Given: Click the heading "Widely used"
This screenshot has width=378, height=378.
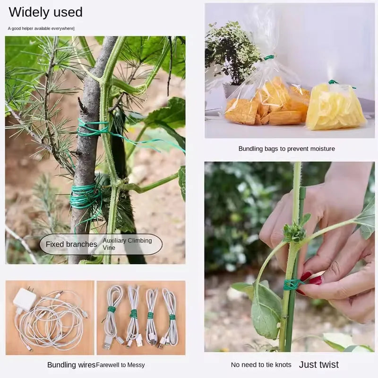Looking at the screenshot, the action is [x=45, y=12].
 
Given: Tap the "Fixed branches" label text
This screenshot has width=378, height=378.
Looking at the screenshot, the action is [x=71, y=244].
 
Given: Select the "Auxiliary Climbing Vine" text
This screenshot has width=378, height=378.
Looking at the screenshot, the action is [x=127, y=244].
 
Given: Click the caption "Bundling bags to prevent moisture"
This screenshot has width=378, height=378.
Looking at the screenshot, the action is [x=287, y=149].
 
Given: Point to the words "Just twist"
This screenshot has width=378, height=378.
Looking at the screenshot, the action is [x=318, y=364].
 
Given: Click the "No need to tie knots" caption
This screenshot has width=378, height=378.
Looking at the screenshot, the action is [x=261, y=365].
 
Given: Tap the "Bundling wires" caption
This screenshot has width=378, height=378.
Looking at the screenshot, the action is [x=71, y=365].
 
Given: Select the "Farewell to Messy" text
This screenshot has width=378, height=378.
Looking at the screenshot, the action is [x=120, y=365].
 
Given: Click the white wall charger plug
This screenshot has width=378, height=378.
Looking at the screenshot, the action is [x=25, y=299].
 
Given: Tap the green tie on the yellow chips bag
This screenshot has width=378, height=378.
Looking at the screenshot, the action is [x=334, y=82].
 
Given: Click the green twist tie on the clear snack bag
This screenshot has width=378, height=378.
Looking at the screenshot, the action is [x=269, y=57].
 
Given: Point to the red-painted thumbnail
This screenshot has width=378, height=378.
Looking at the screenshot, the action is [x=315, y=281].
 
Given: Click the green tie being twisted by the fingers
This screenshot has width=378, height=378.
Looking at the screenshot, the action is [x=292, y=284].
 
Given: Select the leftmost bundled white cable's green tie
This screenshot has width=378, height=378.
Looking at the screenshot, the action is [x=112, y=309].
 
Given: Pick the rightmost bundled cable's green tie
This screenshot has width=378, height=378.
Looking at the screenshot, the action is [x=172, y=317].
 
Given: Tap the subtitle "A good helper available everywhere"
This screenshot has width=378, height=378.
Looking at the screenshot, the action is [x=41, y=28].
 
